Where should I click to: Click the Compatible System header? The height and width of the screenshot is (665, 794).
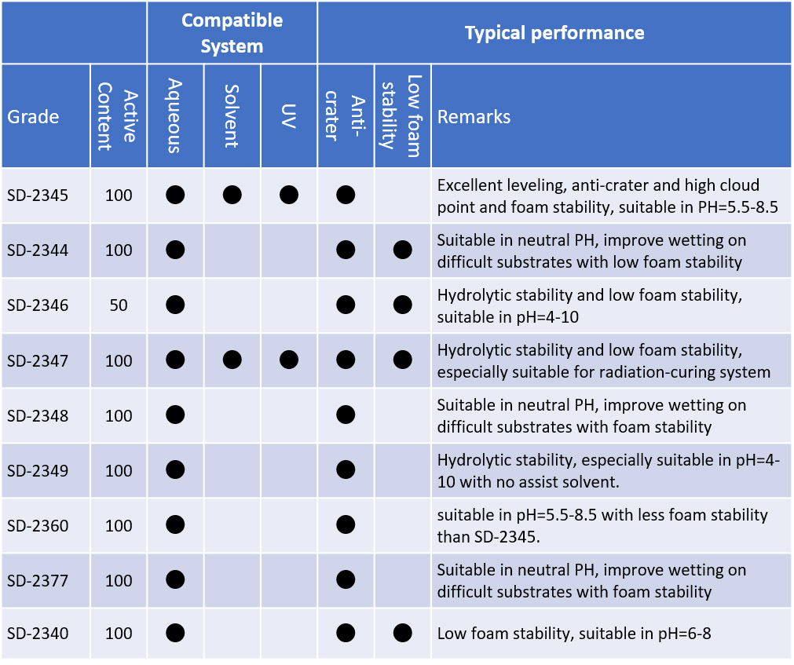pos(232,33)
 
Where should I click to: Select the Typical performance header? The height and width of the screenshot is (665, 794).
pos(554,33)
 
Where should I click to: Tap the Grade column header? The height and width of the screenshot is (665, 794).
pos(33,117)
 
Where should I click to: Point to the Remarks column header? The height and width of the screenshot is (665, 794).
pos(474,117)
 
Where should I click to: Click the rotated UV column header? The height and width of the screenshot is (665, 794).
pos(289,116)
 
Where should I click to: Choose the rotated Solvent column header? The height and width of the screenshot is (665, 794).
pos(232,116)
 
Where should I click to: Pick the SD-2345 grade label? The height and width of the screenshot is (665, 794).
pos(38,195)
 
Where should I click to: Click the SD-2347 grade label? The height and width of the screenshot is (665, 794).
pos(38,361)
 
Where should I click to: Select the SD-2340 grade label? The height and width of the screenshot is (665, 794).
pos(38,633)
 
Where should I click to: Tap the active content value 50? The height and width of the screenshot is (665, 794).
pos(119,305)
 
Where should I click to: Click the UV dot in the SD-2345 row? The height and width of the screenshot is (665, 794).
pos(289,195)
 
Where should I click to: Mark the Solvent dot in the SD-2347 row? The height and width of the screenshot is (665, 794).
pos(232,360)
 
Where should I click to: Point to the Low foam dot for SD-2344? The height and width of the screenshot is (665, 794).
pos(403,250)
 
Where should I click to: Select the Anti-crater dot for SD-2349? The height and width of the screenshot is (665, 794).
pos(346,470)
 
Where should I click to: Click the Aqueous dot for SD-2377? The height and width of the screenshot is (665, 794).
pos(175,579)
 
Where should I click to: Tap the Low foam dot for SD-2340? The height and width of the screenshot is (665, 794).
pos(403,633)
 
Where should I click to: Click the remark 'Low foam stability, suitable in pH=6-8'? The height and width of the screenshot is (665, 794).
pos(574,633)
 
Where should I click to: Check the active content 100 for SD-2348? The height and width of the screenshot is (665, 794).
pos(119,416)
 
